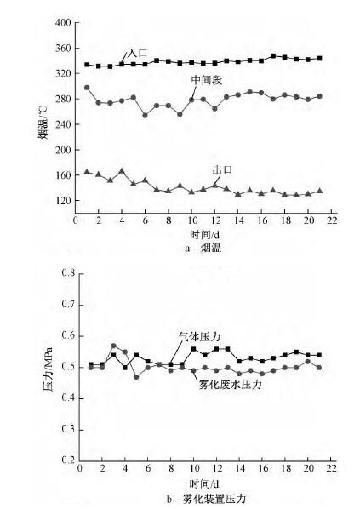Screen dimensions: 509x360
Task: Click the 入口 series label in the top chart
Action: [x=137, y=53]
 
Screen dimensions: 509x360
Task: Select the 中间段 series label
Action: [x=206, y=79]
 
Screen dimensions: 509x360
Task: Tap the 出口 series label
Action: [x=223, y=169]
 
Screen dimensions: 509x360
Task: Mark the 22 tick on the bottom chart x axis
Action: [x=330, y=469]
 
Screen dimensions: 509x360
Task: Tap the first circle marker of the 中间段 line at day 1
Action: [x=88, y=88]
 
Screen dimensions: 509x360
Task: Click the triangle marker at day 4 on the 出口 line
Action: [x=122, y=171]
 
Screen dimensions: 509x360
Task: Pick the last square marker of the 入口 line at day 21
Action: [x=319, y=58]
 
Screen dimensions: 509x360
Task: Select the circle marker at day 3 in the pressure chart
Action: [x=113, y=346]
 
